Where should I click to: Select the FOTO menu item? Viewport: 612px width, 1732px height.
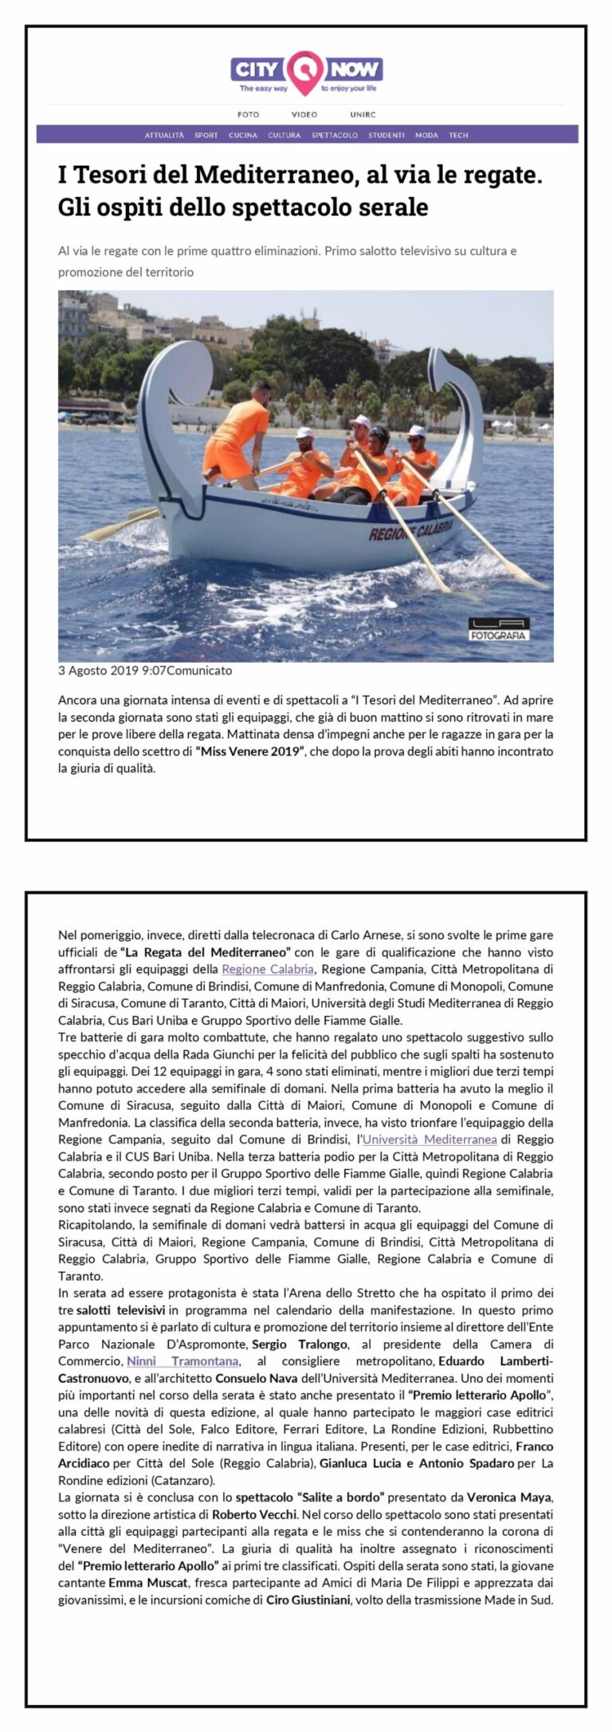[248, 115]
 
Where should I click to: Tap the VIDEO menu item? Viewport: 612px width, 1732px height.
[304, 115]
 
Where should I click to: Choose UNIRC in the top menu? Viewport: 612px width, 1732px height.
[363, 115]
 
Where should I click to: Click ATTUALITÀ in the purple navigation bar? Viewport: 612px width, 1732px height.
[164, 136]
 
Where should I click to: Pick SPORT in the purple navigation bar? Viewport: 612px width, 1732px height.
[206, 136]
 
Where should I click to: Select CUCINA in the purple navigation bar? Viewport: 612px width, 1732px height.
[243, 136]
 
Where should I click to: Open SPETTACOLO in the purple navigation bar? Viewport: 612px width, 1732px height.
[335, 136]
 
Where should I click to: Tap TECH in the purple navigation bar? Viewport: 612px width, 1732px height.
[458, 136]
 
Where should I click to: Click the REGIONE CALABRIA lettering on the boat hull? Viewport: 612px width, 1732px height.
[410, 529]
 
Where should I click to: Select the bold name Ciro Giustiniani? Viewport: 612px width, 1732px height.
[308, 1599]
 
